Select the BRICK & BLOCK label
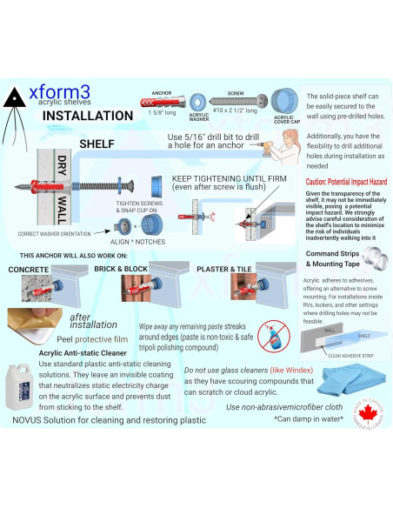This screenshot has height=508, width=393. (130, 270)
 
